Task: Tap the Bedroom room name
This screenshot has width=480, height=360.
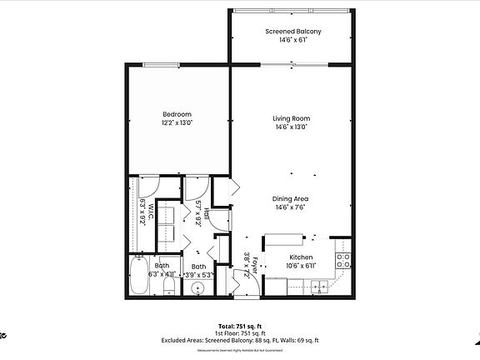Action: [x=177, y=114]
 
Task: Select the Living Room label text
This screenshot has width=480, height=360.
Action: [x=291, y=118]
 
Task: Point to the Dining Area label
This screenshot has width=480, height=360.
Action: [x=291, y=198]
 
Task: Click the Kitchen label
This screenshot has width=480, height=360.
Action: [x=300, y=257]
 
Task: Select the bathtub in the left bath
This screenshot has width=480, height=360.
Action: [x=139, y=277]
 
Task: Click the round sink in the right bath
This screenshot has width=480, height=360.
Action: [x=198, y=289]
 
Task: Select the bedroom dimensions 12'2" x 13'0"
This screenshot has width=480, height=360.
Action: [x=177, y=122]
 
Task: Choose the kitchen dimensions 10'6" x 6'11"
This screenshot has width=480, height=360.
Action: [x=300, y=266]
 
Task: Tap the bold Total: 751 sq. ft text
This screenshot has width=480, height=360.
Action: [x=240, y=326]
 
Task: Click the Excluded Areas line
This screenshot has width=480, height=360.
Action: [x=240, y=340]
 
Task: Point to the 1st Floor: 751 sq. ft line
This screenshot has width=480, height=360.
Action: [x=240, y=333]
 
